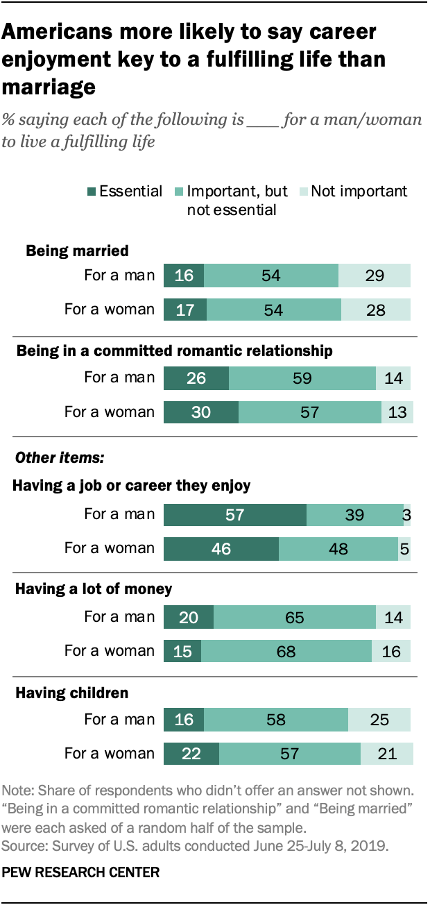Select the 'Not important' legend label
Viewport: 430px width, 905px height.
[359, 192]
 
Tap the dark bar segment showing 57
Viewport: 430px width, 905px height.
[235, 514]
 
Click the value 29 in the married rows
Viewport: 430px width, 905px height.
[375, 276]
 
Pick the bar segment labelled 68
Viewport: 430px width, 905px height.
[286, 650]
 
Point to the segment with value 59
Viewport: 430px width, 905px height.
[302, 378]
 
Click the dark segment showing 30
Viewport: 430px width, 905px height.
[201, 412]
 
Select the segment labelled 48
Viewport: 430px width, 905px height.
[338, 548]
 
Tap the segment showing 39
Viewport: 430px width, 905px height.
[354, 514]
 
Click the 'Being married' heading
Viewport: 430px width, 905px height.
[77, 251]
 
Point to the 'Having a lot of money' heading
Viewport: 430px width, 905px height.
[93, 589]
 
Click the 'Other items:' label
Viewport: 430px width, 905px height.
[51, 457]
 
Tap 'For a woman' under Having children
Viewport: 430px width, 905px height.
[110, 753]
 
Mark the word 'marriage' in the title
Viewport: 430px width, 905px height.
[49, 87]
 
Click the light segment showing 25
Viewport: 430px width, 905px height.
[379, 720]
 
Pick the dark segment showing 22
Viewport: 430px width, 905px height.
[191, 753]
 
